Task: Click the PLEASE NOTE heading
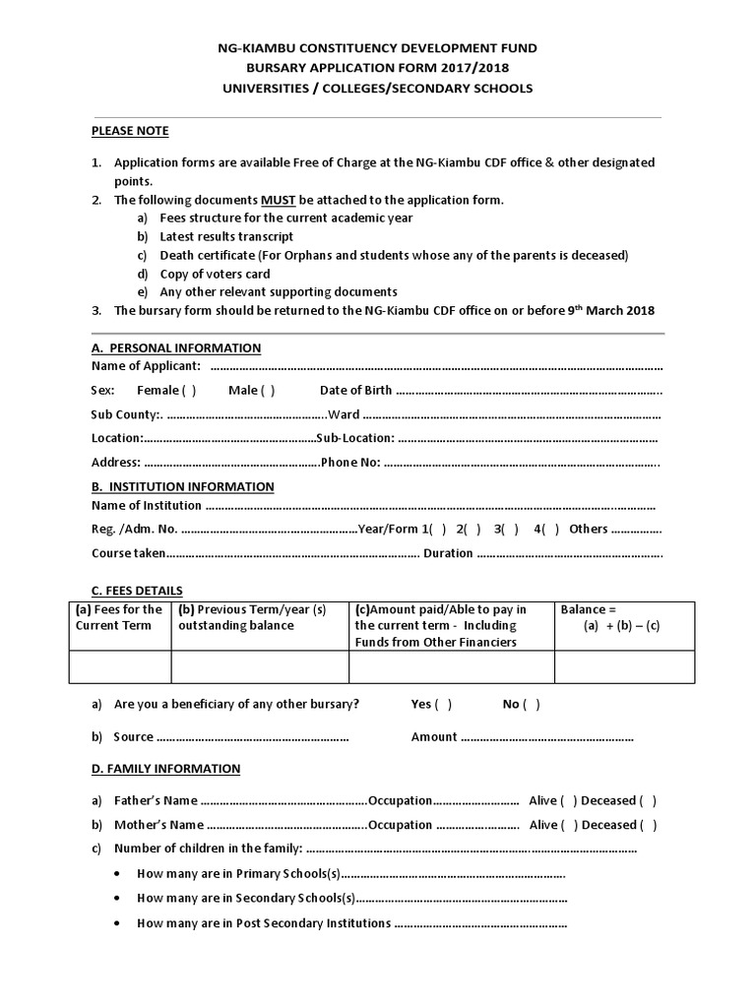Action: coord(130,131)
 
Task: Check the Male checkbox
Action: coord(267,391)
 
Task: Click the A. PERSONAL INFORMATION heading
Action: coord(176,347)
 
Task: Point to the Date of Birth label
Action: coord(355,391)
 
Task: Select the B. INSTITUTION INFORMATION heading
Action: coord(183,486)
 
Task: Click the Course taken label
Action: coord(128,553)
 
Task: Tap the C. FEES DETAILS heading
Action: coord(137,591)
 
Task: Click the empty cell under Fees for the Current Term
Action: coord(120,666)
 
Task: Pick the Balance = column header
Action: coord(589,610)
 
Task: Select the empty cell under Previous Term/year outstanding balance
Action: coord(260,666)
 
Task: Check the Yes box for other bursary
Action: coord(444,705)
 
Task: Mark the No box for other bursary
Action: coord(532,705)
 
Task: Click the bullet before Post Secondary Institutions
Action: coord(118,923)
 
